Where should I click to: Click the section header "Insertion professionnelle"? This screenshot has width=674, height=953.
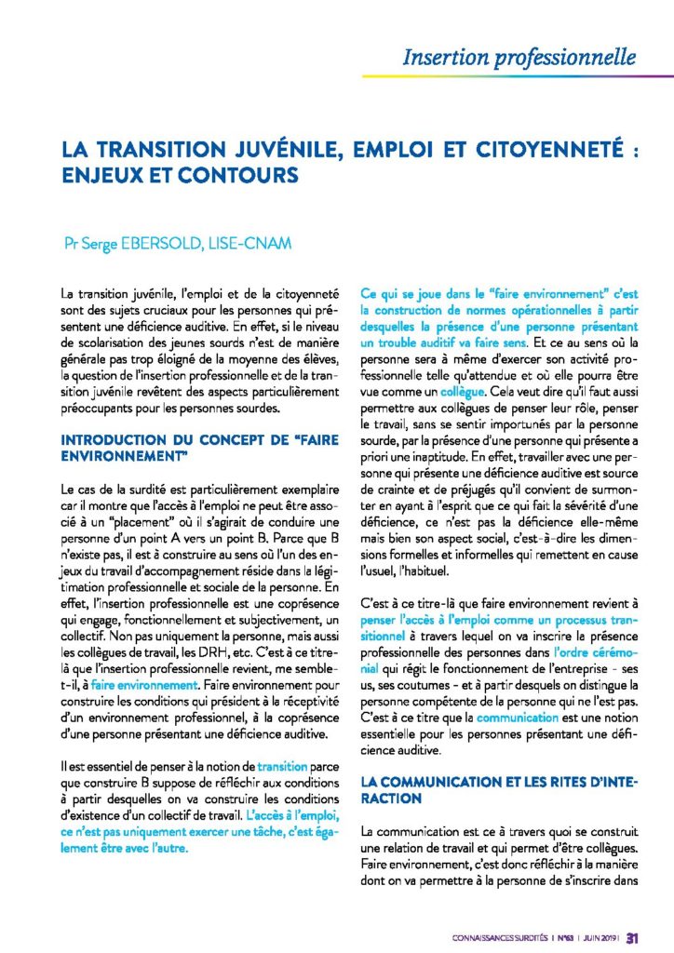(x=519, y=57)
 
